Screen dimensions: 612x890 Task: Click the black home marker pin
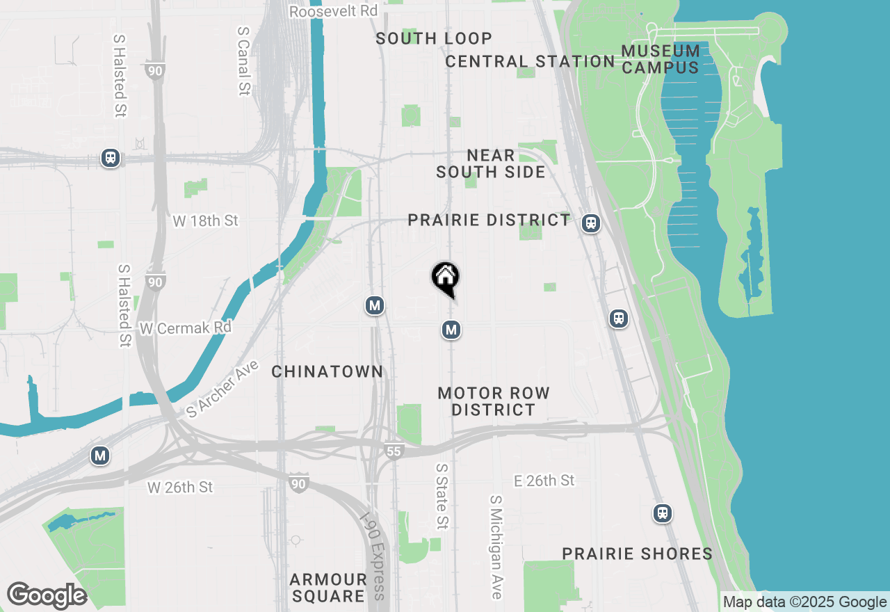tap(445, 278)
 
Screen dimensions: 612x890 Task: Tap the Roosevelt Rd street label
tap(333, 11)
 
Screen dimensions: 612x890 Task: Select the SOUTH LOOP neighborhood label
tap(434, 38)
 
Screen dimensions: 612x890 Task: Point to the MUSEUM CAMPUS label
tap(661, 59)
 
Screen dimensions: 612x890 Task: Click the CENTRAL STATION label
tap(530, 61)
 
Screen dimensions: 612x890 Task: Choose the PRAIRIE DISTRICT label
tap(489, 220)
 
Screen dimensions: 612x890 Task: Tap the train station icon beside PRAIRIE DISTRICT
tap(591, 223)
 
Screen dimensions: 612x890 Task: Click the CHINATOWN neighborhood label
tap(327, 371)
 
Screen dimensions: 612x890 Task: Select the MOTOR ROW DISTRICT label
tap(494, 401)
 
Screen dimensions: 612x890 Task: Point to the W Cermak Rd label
tap(185, 328)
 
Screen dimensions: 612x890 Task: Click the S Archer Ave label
tap(222, 389)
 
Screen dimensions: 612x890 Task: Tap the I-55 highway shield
tap(394, 451)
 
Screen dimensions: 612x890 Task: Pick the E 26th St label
tap(544, 481)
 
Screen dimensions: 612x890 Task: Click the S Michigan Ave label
tap(496, 547)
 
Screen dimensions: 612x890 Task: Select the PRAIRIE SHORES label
tap(637, 554)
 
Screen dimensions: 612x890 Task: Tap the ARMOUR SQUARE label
tap(328, 587)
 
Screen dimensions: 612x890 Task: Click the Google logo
tap(47, 595)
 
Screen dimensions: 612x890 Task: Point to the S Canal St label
tap(243, 61)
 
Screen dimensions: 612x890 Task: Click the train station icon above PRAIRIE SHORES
tap(663, 513)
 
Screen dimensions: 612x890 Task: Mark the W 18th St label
tap(205, 220)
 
